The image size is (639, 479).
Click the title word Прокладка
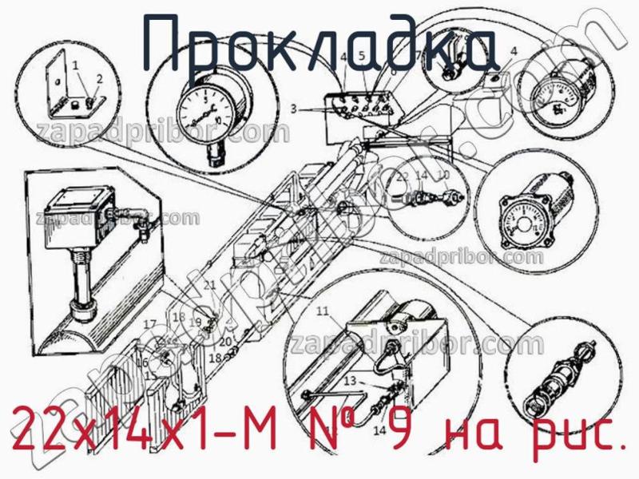[319, 44]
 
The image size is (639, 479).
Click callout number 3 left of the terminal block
[294, 108]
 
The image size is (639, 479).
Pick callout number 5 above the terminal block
[361, 56]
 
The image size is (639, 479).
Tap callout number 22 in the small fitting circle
[402, 176]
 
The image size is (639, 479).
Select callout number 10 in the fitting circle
[445, 176]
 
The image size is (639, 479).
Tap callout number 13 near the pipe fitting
[349, 382]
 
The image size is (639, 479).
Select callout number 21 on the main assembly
[209, 285]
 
